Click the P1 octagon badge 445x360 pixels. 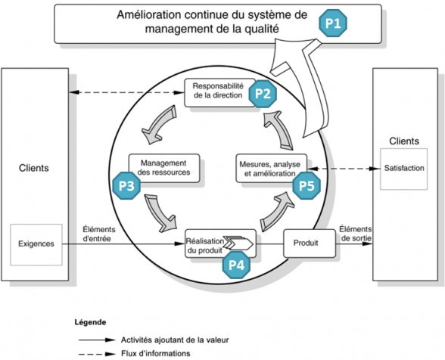333,23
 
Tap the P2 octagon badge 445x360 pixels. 263,94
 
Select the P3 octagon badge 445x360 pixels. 126,185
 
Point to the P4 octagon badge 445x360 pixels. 236,265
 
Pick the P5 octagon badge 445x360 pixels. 307,185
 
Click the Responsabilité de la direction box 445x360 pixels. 220,93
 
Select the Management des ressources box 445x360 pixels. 164,168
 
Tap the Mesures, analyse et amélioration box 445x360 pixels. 272,168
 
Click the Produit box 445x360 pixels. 310,243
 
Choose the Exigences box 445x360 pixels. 36,244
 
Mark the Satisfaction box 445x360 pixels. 404,169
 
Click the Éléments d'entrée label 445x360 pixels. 98,234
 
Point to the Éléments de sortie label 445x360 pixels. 356,233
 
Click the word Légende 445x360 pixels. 90,322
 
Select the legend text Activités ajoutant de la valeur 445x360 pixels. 175,340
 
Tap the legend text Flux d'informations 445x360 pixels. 156,353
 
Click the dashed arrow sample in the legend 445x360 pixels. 97,354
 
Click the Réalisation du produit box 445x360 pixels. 220,244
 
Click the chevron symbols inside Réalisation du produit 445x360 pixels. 238,243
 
